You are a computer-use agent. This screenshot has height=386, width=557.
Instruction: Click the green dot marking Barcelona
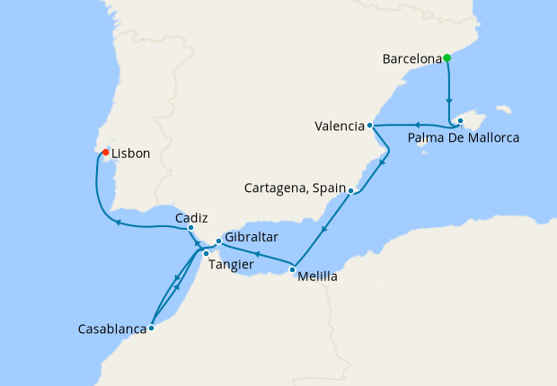pyautogui.click(x=446, y=58)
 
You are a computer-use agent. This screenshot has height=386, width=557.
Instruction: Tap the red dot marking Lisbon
pyautogui.click(x=105, y=153)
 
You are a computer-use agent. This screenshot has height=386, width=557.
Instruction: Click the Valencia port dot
pyautogui.click(x=370, y=126)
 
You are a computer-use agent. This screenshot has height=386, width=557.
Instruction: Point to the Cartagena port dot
pyautogui.click(x=350, y=190)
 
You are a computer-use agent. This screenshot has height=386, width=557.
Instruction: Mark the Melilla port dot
pyautogui.click(x=293, y=268)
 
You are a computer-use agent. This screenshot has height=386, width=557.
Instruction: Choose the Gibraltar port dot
pyautogui.click(x=218, y=241)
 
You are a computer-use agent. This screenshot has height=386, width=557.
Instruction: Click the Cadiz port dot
pyautogui.click(x=190, y=228)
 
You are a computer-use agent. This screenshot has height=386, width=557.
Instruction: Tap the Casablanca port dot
pyautogui.click(x=151, y=328)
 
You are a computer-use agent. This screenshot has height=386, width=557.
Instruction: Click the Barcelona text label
pyautogui.click(x=411, y=60)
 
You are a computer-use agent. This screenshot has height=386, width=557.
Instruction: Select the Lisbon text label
pyautogui.click(x=131, y=154)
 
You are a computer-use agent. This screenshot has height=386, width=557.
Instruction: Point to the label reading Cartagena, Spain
pyautogui.click(x=295, y=189)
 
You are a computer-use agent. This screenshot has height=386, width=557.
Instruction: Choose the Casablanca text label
pyautogui.click(x=112, y=329)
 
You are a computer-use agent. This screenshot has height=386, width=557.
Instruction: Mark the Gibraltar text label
pyautogui.click(x=252, y=237)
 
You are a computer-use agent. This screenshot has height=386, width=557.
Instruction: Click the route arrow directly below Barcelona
pyautogui.click(x=449, y=101)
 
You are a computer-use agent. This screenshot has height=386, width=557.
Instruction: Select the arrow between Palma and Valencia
pyautogui.click(x=417, y=125)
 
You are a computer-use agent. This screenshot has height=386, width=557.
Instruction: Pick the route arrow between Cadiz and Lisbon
pyautogui.click(x=118, y=222)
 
